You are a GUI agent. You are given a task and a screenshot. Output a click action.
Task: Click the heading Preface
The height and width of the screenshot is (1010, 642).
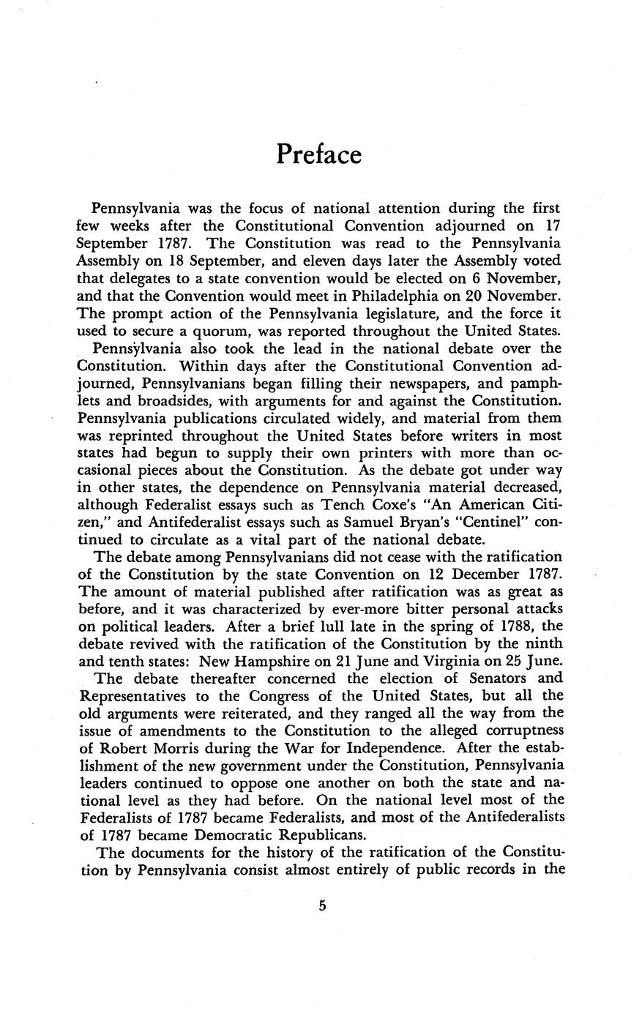pos(319,155)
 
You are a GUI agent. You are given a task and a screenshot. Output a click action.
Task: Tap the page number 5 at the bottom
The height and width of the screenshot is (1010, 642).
pos(321,905)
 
